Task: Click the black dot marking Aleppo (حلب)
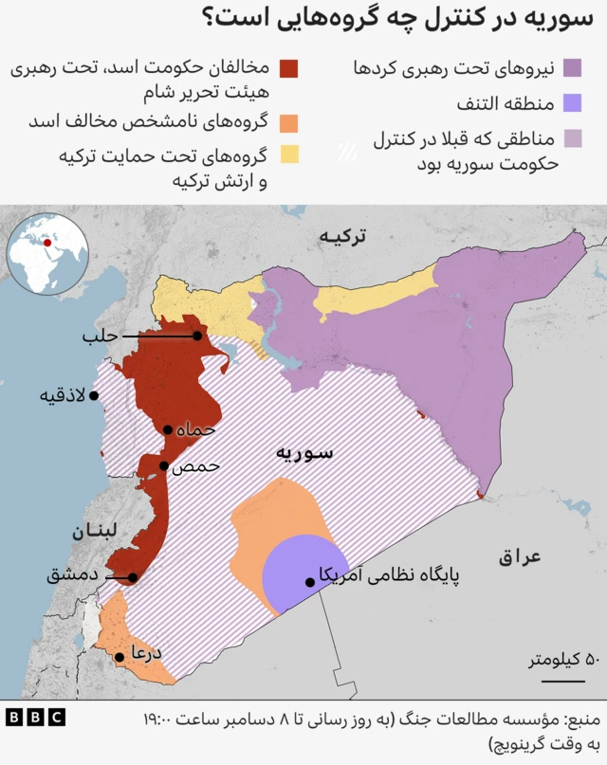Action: [x=197, y=336]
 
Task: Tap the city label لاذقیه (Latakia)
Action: [x=63, y=394]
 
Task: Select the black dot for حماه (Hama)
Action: [x=167, y=429]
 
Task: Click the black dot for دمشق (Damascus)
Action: [x=133, y=577]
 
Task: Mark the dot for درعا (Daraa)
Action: [x=120, y=656]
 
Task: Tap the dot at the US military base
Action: [x=309, y=581]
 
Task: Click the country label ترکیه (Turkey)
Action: [x=342, y=237]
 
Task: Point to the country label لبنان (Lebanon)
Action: [x=92, y=532]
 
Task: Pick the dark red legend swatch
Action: [x=289, y=68]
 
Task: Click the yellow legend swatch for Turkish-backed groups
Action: [x=289, y=154]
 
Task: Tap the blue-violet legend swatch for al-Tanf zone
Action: [x=572, y=102]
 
